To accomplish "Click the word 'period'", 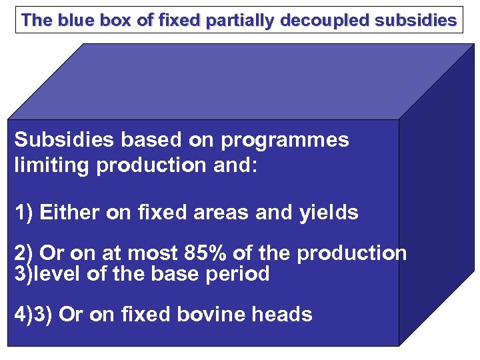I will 237,274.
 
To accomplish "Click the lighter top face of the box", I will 240,80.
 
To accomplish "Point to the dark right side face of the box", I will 437,200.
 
